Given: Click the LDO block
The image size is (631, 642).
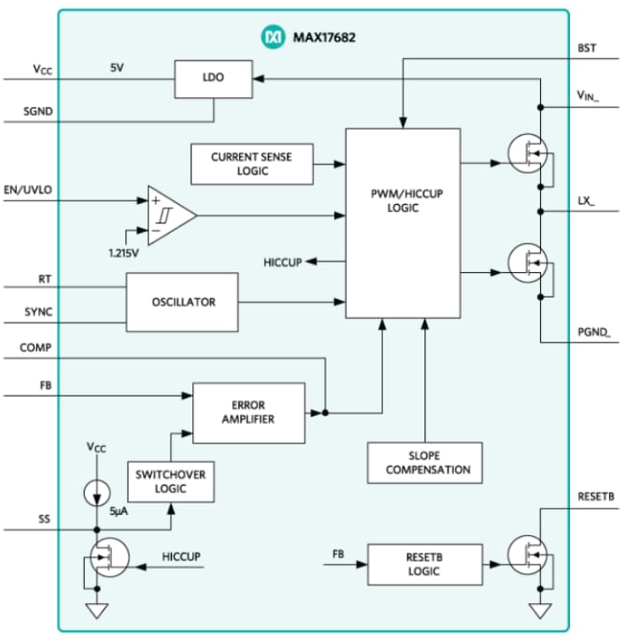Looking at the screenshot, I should [213, 78].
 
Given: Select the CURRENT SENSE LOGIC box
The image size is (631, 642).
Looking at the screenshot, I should [252, 164].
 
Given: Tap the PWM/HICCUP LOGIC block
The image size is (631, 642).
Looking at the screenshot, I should [402, 223].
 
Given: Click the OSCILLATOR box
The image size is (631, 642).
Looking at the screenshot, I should [182, 302].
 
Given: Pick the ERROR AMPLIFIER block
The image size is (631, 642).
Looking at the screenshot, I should [248, 412].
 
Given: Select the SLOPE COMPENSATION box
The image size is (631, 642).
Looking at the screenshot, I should [424, 462].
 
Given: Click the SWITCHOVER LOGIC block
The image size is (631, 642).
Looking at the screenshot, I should [170, 481].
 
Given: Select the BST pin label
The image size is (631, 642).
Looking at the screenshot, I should [585, 49].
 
